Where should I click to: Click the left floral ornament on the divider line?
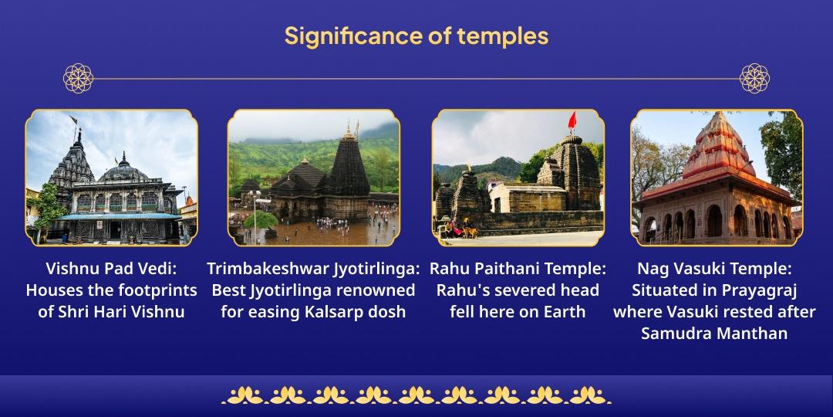78,78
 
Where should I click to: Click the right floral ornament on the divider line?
754,78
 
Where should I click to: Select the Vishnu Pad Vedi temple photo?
112,178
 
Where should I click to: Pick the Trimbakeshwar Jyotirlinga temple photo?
314,178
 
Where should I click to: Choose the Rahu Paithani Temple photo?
518,178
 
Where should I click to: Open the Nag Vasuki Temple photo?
717,178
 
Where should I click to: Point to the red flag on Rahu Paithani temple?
572,120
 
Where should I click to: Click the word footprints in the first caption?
162,291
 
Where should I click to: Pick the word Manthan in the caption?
757,334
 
